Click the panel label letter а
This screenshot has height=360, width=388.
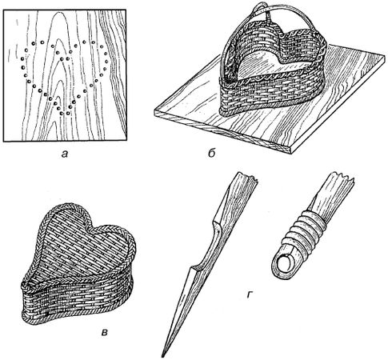(65, 154)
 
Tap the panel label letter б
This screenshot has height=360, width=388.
(211, 153)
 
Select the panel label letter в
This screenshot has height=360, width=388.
(105, 332)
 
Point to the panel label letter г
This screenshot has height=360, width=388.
(250, 294)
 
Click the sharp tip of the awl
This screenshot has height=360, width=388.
(162, 356)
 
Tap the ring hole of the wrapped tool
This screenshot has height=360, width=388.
(284, 264)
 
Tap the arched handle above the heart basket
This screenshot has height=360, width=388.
(266, 16)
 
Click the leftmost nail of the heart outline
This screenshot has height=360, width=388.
(22, 59)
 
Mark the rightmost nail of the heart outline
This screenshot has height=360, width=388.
(106, 62)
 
